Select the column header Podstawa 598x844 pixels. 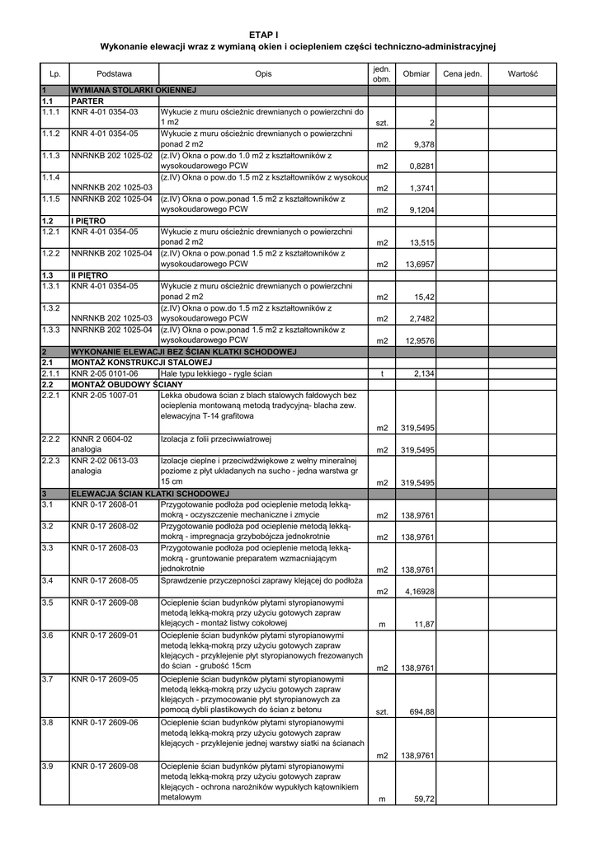[114, 74]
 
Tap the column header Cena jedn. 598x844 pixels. [462, 74]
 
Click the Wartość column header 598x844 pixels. [522, 74]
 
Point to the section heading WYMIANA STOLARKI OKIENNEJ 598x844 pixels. [134, 89]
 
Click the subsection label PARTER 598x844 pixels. [87, 100]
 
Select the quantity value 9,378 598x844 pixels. [422, 144]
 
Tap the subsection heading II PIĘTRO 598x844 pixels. [90, 274]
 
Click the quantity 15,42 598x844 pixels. [424, 297]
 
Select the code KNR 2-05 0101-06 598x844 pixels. [105, 373]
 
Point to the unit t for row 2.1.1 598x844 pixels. [382, 373]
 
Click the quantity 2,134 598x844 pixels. [423, 373]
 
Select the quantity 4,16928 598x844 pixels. [419, 592]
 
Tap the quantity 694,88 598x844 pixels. [421, 711]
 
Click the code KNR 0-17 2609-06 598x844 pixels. [105, 723]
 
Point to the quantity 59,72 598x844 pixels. [424, 799]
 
